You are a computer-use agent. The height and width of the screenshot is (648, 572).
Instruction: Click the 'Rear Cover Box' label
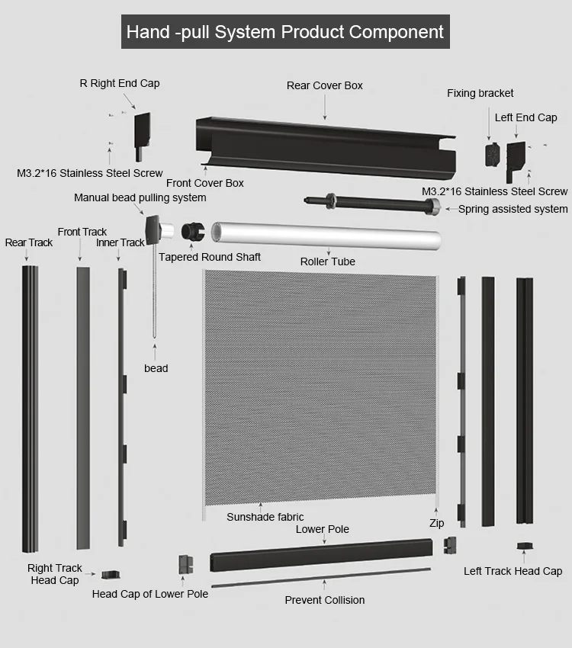click(x=324, y=85)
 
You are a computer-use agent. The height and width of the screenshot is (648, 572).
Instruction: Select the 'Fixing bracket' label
click(x=480, y=93)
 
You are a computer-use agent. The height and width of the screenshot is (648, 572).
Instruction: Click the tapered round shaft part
click(x=193, y=231)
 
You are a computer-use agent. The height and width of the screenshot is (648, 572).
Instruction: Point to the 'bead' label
click(x=156, y=368)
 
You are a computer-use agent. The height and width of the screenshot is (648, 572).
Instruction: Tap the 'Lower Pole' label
click(x=322, y=529)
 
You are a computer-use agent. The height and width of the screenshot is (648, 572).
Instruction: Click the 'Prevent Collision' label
click(x=324, y=600)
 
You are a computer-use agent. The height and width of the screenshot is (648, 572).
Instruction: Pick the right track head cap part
click(x=111, y=573)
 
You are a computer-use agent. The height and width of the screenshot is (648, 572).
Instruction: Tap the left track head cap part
click(x=525, y=547)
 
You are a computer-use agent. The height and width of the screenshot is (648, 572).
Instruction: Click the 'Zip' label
click(x=436, y=524)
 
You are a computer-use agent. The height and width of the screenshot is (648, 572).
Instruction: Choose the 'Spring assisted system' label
click(x=513, y=209)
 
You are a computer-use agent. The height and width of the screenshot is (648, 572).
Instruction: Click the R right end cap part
click(x=142, y=133)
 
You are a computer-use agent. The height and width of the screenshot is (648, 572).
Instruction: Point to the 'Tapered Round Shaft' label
click(x=210, y=257)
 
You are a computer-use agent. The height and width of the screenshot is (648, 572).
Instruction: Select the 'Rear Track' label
click(x=29, y=242)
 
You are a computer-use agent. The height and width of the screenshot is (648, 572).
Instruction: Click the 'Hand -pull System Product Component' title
click(x=284, y=32)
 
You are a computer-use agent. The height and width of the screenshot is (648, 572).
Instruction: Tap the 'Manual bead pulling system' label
click(x=140, y=197)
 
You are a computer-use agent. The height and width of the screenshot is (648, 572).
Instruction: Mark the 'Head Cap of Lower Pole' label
click(x=149, y=594)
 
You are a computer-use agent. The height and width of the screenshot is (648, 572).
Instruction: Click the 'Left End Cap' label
click(x=525, y=117)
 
